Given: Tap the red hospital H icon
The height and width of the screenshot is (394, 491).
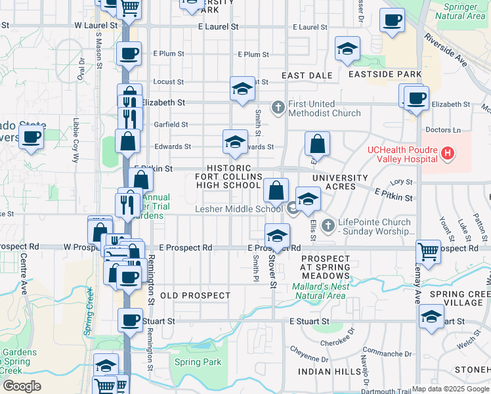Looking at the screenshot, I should click(448, 154).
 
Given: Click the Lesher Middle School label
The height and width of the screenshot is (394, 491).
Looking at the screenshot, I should click(239, 209).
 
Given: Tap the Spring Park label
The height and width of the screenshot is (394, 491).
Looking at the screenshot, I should click(198, 362).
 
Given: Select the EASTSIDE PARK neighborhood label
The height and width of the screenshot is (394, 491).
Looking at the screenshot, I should click(385, 74).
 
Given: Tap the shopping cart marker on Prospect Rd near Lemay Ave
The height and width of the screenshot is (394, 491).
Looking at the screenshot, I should click(428, 250).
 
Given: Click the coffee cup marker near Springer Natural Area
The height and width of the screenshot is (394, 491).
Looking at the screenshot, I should click(392, 20).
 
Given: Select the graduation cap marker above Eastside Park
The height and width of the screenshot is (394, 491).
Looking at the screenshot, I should click(347, 49).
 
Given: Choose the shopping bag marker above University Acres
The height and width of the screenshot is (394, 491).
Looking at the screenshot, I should click(317, 142).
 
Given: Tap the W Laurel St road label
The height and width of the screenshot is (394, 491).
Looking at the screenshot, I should click(96, 25).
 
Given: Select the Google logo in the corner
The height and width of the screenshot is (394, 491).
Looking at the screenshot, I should click(22, 385).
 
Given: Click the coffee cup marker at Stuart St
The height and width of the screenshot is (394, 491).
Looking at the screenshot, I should click(130, 320).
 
